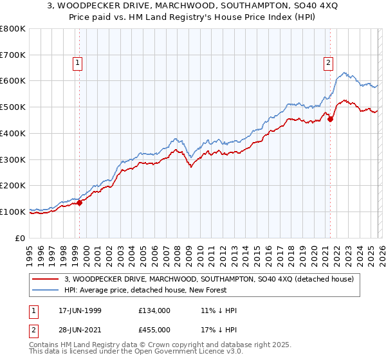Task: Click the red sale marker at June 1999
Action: pyautogui.click(x=80, y=203)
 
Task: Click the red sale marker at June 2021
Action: pyautogui.click(x=330, y=119)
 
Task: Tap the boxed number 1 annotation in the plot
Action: pyautogui.click(x=77, y=63)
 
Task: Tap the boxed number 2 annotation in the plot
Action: pyautogui.click(x=328, y=63)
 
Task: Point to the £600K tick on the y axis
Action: pyautogui.click(x=13, y=81)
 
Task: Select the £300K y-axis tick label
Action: pyautogui.click(x=13, y=159)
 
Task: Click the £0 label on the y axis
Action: pyautogui.click(x=21, y=238)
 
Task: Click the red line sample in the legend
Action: pyautogui.click(x=45, y=279)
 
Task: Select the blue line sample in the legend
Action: pyautogui.click(x=45, y=290)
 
